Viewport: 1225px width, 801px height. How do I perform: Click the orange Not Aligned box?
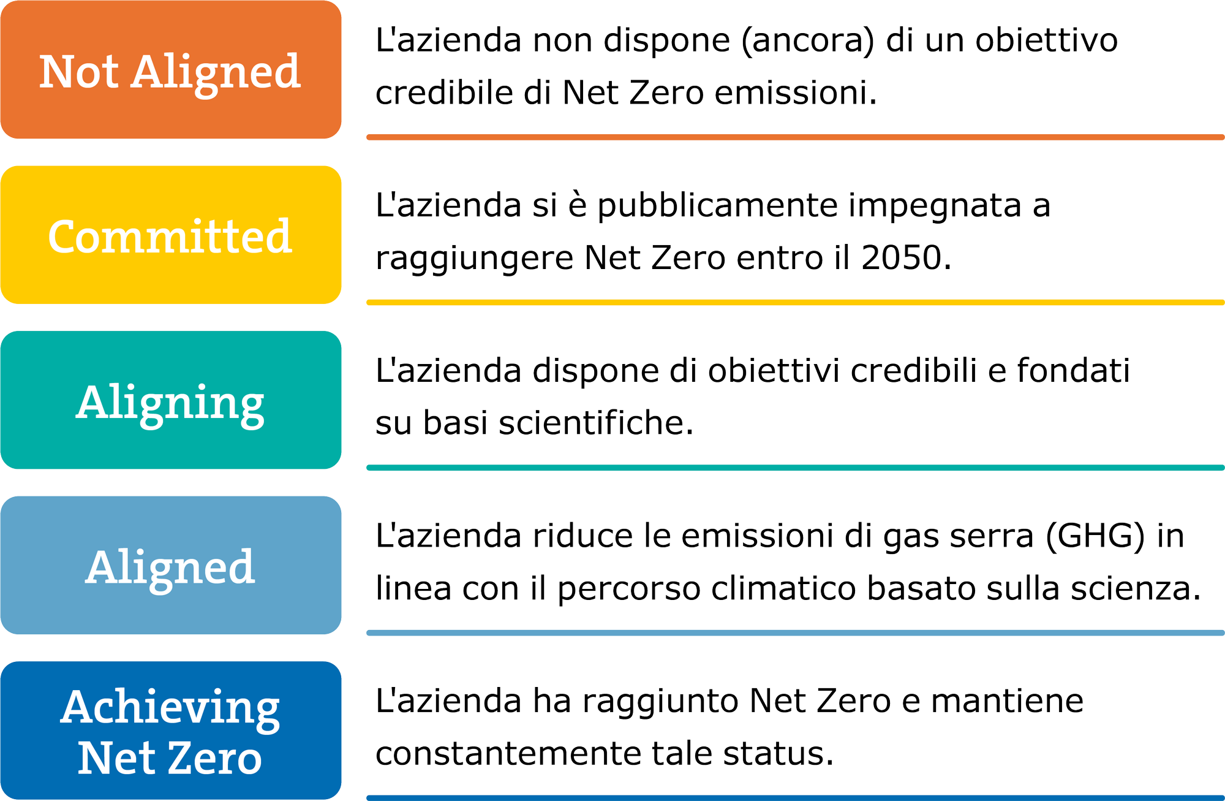pyautogui.click(x=171, y=69)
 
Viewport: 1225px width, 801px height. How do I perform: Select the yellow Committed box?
pyautogui.click(x=171, y=235)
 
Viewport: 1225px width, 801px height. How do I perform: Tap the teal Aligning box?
pyautogui.click(x=171, y=400)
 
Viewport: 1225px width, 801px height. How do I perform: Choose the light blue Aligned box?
pyautogui.click(x=171, y=565)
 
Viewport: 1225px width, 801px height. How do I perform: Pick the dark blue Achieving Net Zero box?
pyautogui.click(x=171, y=730)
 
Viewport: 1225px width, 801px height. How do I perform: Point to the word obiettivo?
pyautogui.click(x=1047, y=40)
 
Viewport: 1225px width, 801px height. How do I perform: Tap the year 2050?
pyautogui.click(x=902, y=257)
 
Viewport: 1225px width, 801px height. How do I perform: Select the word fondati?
pyautogui.click(x=1073, y=370)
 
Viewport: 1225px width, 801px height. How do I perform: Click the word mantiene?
pyautogui.click(x=1008, y=700)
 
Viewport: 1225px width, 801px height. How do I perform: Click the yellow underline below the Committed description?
pyautogui.click(x=795, y=302)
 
